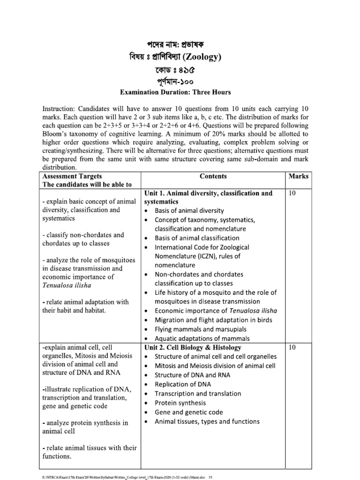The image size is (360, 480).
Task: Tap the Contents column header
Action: [x=213, y=176]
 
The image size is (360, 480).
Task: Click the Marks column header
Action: [x=299, y=176]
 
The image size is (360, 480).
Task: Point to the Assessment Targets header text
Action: [x=70, y=176]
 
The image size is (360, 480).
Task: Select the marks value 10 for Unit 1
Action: [x=292, y=193]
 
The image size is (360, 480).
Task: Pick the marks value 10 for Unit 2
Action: [x=292, y=347]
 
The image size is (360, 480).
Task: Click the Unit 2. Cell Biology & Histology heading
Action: [x=193, y=347]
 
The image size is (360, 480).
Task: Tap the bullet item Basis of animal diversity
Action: [x=189, y=211]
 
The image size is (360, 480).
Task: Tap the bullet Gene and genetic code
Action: [x=189, y=412]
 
